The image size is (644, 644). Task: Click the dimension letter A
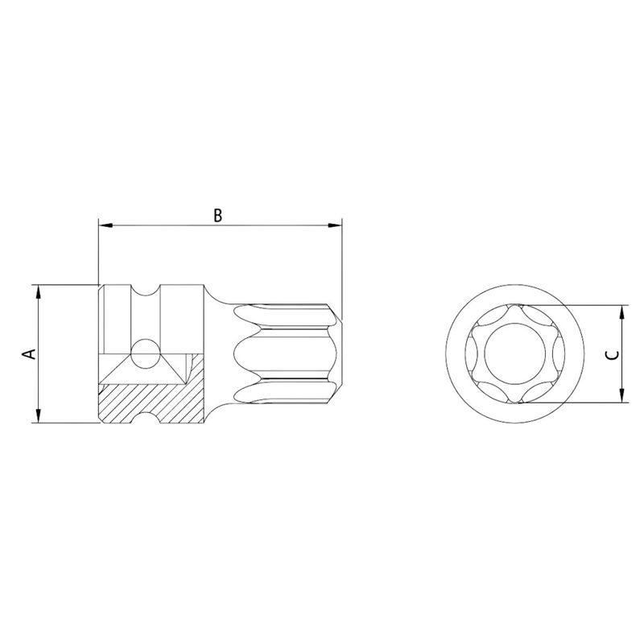click(27, 353)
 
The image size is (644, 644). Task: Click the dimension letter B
click(217, 215)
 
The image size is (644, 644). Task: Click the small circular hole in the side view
click(146, 352)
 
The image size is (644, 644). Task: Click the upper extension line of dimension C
click(580, 306)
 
